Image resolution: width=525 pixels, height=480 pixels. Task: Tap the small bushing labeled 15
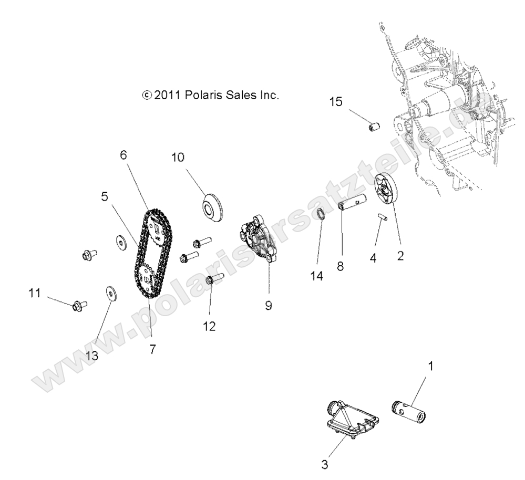374,128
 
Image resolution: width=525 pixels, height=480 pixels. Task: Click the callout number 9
269,306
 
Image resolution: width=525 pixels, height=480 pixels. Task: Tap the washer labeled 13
111,293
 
